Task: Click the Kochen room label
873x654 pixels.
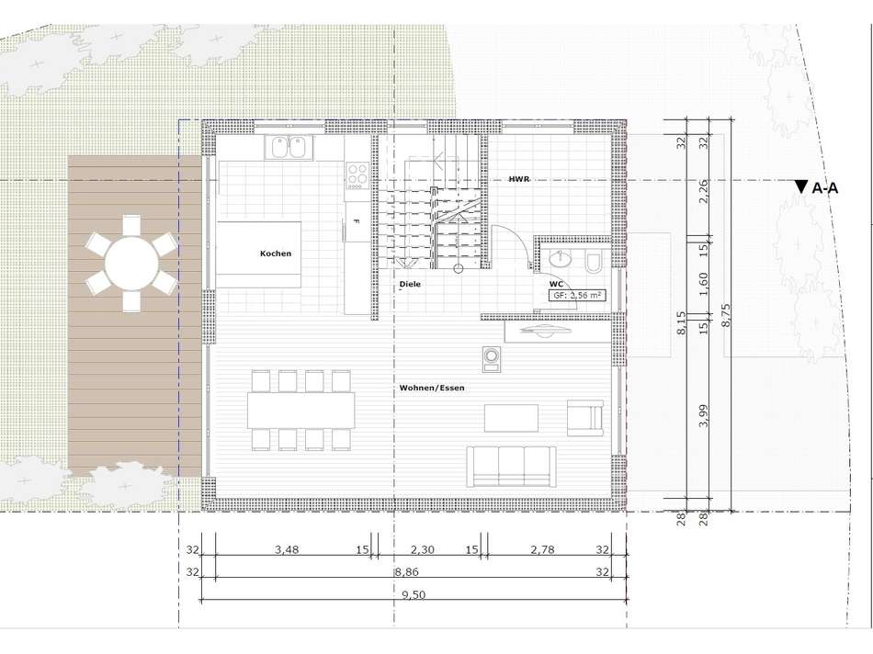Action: (276, 254)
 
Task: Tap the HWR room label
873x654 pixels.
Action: (519, 179)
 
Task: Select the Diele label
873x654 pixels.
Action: (410, 285)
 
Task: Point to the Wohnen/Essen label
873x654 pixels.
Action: (432, 388)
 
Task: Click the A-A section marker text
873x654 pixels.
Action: (824, 188)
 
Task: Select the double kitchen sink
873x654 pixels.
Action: (288, 146)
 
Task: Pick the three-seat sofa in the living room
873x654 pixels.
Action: (510, 465)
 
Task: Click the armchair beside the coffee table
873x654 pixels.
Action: (585, 417)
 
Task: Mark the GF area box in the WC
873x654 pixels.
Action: (576, 296)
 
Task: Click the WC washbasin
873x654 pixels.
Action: (558, 261)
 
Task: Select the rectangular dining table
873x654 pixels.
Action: (300, 410)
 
